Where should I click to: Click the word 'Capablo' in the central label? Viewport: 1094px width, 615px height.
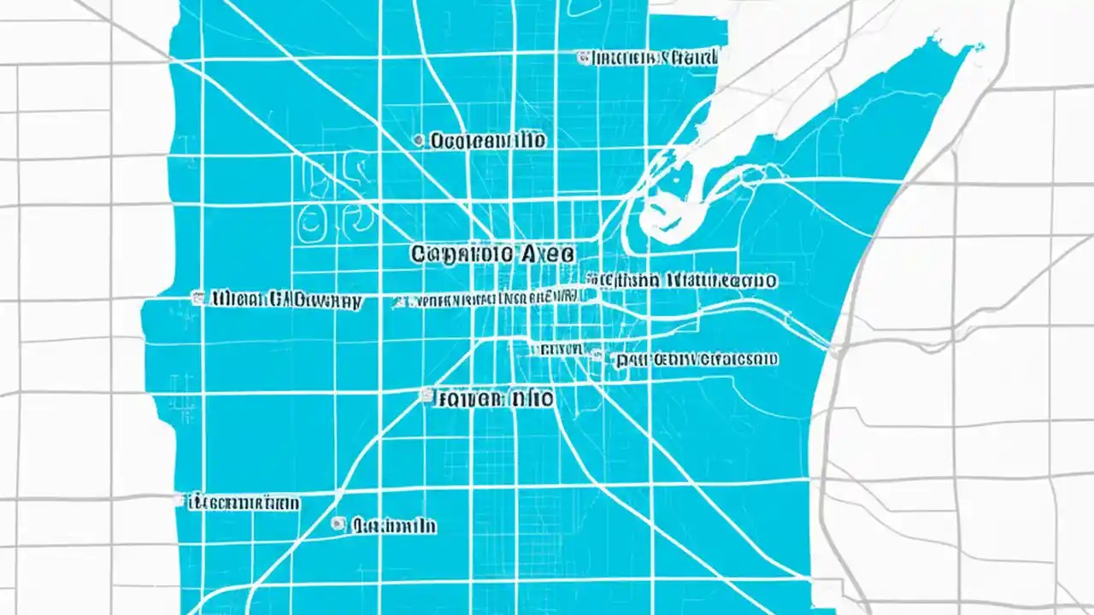(x=462, y=254)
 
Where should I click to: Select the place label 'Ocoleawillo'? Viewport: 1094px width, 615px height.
(x=488, y=140)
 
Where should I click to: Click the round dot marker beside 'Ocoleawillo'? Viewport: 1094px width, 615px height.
(x=418, y=139)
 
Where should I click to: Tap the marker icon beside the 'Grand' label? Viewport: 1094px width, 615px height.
(x=583, y=57)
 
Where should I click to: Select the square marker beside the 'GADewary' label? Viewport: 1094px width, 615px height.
(x=198, y=298)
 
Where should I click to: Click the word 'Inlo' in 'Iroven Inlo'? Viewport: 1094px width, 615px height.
(x=531, y=398)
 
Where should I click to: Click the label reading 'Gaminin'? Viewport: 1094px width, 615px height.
(x=394, y=525)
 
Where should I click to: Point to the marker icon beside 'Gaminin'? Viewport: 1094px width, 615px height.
(x=339, y=524)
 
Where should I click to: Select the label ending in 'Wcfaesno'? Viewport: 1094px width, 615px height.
(x=697, y=360)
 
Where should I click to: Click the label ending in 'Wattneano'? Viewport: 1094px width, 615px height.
(x=684, y=279)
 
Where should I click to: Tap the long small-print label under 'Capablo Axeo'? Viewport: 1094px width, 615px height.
(x=491, y=299)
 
